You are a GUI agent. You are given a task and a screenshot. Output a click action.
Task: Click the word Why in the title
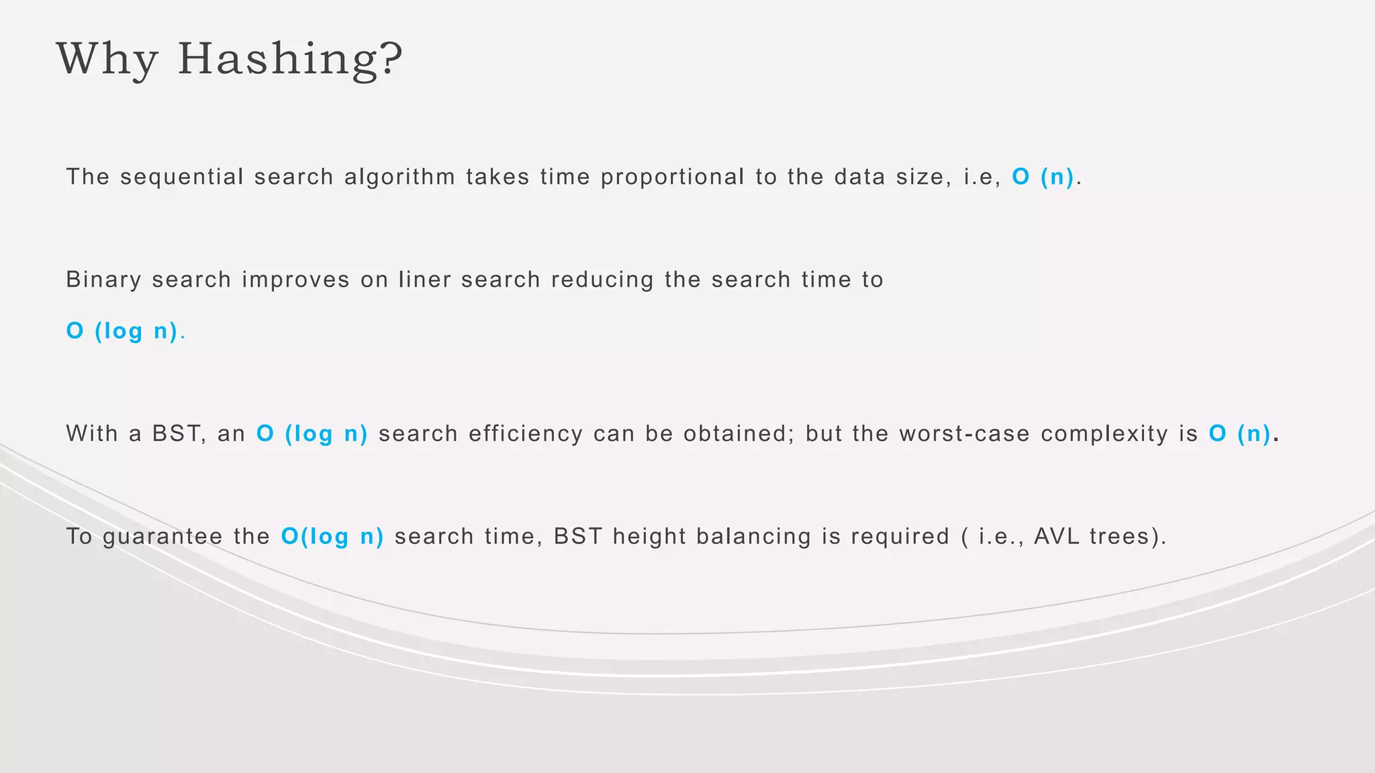click(107, 59)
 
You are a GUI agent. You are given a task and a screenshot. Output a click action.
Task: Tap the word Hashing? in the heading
click(290, 59)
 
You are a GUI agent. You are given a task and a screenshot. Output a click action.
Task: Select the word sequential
click(182, 177)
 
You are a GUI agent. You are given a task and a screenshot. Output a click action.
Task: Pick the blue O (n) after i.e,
click(1043, 177)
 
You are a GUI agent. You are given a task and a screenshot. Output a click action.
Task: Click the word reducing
click(602, 280)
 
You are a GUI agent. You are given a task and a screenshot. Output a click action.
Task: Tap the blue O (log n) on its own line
click(122, 331)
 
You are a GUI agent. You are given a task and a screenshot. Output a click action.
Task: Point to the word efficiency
click(526, 434)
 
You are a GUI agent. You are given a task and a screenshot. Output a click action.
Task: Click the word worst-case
click(965, 434)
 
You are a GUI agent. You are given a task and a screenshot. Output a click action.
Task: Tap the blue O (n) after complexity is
click(1240, 434)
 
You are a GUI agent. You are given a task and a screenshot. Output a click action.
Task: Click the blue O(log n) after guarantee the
click(332, 537)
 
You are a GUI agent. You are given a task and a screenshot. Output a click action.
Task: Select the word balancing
click(753, 537)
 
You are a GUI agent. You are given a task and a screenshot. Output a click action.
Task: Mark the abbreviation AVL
click(1056, 537)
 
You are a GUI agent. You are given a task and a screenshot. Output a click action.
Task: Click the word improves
click(295, 280)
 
